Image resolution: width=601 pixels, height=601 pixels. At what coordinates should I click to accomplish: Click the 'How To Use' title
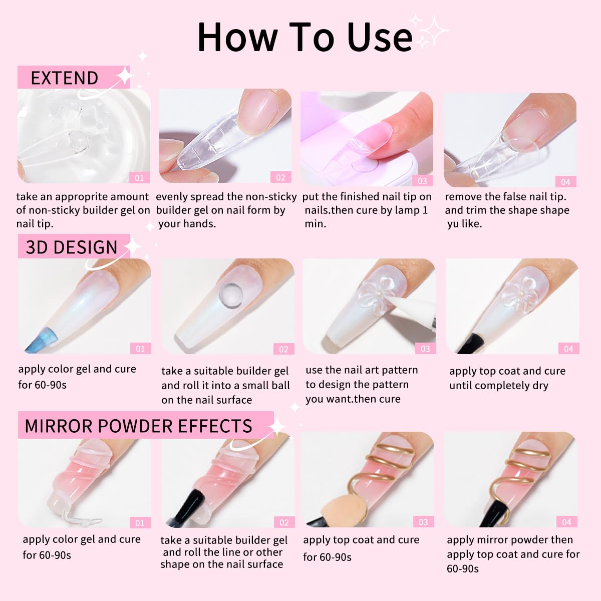pos(305,37)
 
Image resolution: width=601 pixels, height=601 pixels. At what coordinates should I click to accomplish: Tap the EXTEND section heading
pos(64,78)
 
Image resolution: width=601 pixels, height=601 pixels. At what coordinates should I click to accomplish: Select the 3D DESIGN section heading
pos(71,247)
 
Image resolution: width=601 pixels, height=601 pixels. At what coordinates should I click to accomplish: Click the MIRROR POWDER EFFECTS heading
pos(138,426)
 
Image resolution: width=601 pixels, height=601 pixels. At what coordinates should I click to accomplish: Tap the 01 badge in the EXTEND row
pos(139,178)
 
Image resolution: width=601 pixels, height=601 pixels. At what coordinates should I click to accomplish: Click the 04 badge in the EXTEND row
pos(565,182)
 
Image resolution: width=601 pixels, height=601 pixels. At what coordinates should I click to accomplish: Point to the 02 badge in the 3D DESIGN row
pos(283,349)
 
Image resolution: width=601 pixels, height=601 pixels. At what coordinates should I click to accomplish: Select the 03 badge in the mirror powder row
pos(423,522)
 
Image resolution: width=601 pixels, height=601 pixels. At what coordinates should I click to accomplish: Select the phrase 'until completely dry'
pos(498,386)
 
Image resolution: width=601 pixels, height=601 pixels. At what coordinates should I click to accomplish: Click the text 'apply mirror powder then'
pos(509,540)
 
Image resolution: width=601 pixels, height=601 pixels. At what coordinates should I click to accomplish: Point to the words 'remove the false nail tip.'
pos(505,197)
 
